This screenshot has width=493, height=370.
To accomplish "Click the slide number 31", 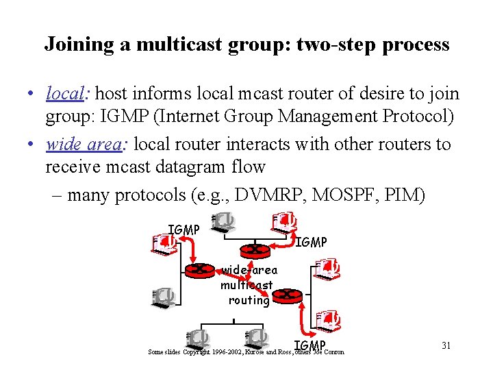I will click(446, 345).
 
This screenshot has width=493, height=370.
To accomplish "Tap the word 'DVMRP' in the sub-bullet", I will click(270, 195).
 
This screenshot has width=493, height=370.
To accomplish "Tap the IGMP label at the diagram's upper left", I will click(184, 230).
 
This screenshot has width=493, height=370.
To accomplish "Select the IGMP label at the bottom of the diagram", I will click(309, 345).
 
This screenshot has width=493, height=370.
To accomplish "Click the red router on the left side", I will click(199, 269).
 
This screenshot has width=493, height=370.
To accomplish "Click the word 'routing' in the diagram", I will click(249, 300).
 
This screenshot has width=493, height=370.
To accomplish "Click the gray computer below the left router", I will click(164, 297).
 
